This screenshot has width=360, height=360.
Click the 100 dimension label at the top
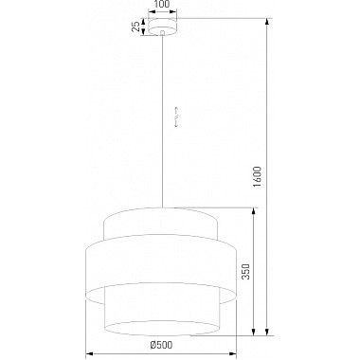coord(163,5)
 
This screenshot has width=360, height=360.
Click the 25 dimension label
coord(135,27)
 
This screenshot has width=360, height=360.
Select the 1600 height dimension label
coord(258,176)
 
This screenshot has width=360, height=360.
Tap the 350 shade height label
coord(245,272)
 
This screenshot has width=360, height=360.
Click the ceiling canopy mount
coord(163,27)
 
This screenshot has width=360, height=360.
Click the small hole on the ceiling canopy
coord(162,32)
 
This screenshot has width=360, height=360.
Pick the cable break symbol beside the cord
coord(176,117)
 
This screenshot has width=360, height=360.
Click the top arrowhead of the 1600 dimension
coord(267,22)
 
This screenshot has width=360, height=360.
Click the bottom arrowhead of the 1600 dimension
coord(267,332)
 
